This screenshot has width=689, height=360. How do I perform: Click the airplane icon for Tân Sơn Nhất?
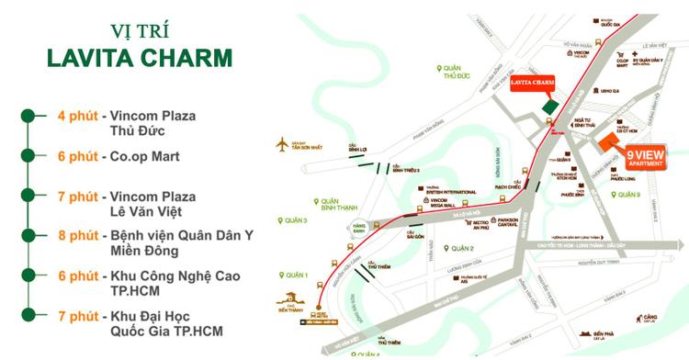282,144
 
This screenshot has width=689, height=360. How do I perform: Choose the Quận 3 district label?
294,220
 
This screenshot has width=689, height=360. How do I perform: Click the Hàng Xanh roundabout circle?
346,229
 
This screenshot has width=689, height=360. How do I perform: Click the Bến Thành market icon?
292,298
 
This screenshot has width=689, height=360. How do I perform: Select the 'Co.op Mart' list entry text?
144,156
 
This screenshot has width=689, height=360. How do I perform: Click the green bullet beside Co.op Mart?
28,156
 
